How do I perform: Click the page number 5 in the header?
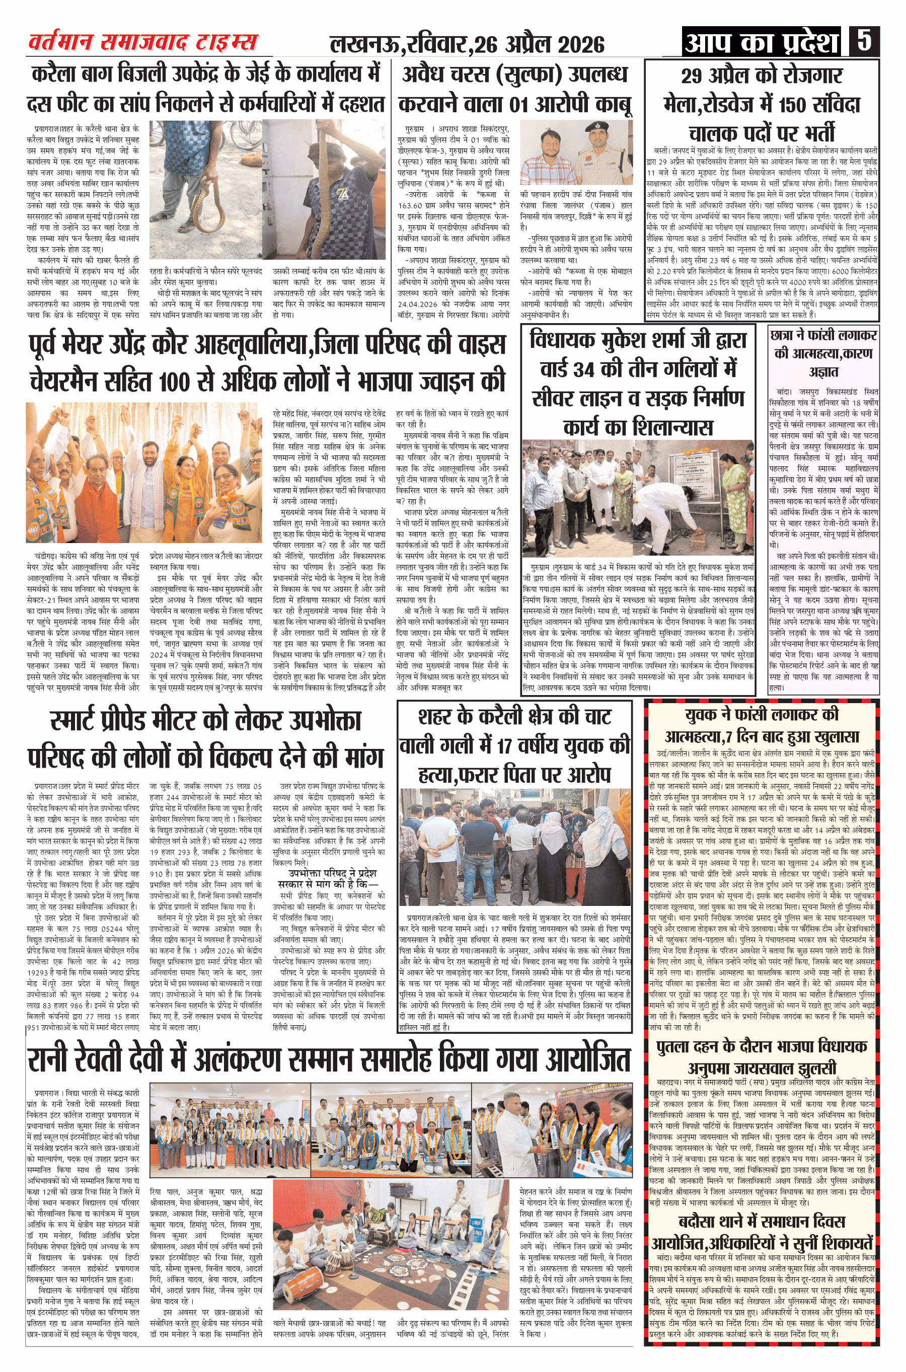tap(864, 42)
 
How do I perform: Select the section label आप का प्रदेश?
tap(762, 42)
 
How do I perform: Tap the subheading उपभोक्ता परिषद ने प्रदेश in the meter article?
tap(332, 873)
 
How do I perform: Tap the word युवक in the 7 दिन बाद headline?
tap(707, 715)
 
